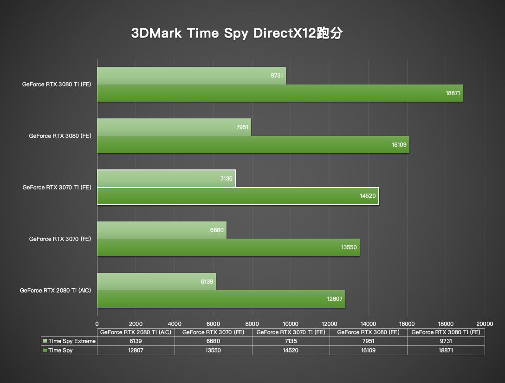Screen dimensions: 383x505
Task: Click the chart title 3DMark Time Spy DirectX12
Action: point(237,34)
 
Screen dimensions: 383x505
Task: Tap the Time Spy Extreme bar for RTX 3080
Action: point(174,127)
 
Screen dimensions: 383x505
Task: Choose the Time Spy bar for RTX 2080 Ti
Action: point(221,299)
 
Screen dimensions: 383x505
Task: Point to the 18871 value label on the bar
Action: point(453,93)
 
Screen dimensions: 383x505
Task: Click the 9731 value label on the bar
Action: point(277,75)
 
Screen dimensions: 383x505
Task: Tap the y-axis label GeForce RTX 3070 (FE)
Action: point(60,239)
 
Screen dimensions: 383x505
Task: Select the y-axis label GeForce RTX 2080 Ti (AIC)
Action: point(55,290)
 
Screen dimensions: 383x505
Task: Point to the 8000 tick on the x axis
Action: point(252,324)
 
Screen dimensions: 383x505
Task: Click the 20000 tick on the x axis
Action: point(485,324)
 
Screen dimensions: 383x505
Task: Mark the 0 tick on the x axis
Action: point(97,324)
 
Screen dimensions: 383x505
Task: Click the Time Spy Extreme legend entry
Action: point(71,341)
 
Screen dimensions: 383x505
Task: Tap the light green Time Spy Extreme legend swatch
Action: point(45,341)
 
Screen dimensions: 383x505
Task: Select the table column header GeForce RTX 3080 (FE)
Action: point(368,332)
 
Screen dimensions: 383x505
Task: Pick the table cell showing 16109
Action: point(368,351)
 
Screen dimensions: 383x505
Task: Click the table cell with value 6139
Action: point(136,341)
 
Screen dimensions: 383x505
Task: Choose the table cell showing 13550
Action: point(213,351)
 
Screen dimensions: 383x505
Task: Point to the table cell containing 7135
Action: point(291,341)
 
